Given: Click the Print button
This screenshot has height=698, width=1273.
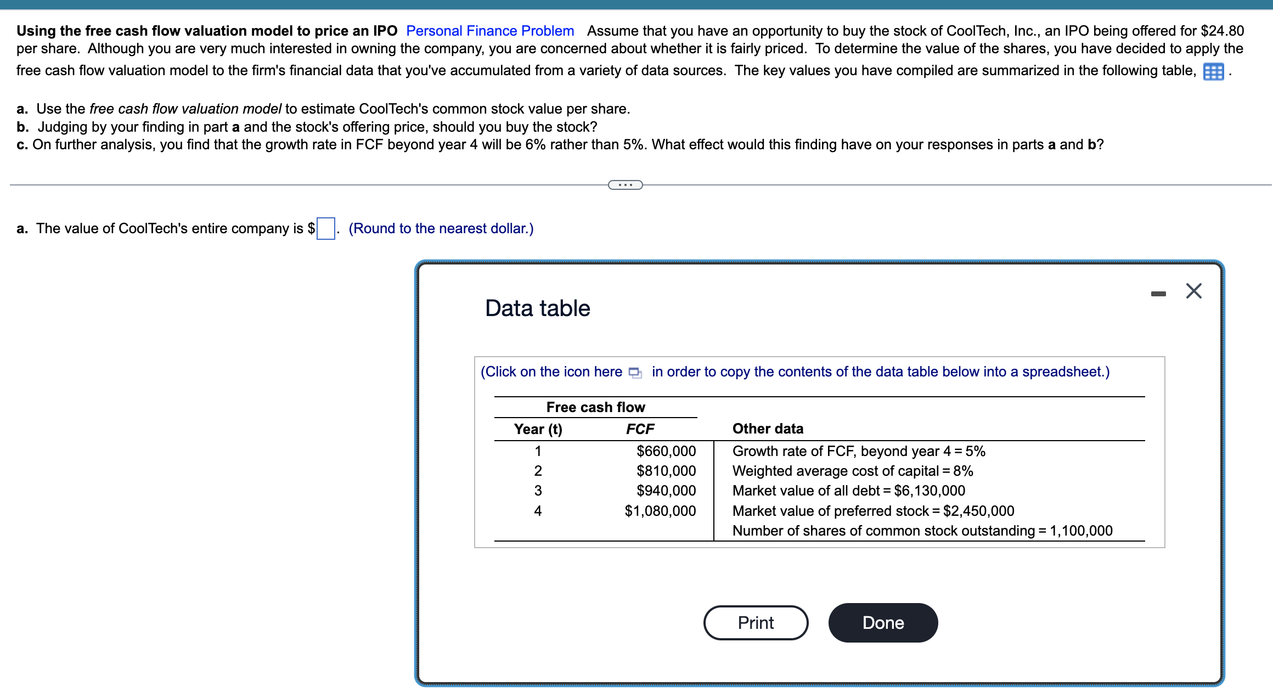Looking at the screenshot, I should [x=756, y=623].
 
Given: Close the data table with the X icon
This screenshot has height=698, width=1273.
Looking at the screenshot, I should [x=1193, y=291].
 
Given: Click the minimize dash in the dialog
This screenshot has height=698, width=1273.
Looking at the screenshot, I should [x=1158, y=294].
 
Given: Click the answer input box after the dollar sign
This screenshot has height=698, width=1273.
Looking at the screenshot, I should [x=326, y=228].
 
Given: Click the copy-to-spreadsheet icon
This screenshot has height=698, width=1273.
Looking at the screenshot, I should [x=635, y=373].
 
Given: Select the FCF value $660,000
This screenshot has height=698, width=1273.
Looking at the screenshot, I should [x=666, y=451].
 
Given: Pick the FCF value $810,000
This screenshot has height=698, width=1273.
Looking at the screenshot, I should [x=666, y=471].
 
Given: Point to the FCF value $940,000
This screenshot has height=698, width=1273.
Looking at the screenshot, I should [x=666, y=491].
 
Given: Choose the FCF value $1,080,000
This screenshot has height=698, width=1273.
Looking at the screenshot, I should [x=660, y=511].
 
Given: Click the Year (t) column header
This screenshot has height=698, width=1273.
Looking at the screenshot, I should [x=538, y=429].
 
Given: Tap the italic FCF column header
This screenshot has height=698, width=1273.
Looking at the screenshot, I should [x=640, y=429].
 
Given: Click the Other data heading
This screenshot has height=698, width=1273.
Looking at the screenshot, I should [x=768, y=429].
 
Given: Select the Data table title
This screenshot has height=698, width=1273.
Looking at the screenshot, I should [x=537, y=308].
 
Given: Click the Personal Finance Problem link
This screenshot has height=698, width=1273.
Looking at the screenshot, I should [x=490, y=31].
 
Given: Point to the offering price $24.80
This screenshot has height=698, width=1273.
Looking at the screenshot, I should [x=1222, y=31].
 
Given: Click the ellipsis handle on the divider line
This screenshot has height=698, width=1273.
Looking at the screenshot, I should [x=625, y=185].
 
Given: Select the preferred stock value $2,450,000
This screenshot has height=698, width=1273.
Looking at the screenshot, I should [x=978, y=511].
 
